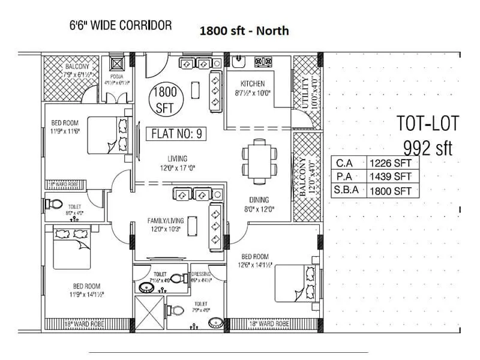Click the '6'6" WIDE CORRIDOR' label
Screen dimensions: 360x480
121,26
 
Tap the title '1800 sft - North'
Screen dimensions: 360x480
244,31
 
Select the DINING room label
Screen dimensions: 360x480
260,200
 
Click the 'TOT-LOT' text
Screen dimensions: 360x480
428,124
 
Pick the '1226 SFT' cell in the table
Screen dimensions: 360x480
391,162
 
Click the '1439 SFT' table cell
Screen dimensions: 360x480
391,176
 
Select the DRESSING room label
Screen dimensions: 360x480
202,273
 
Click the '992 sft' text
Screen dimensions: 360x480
428,147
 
